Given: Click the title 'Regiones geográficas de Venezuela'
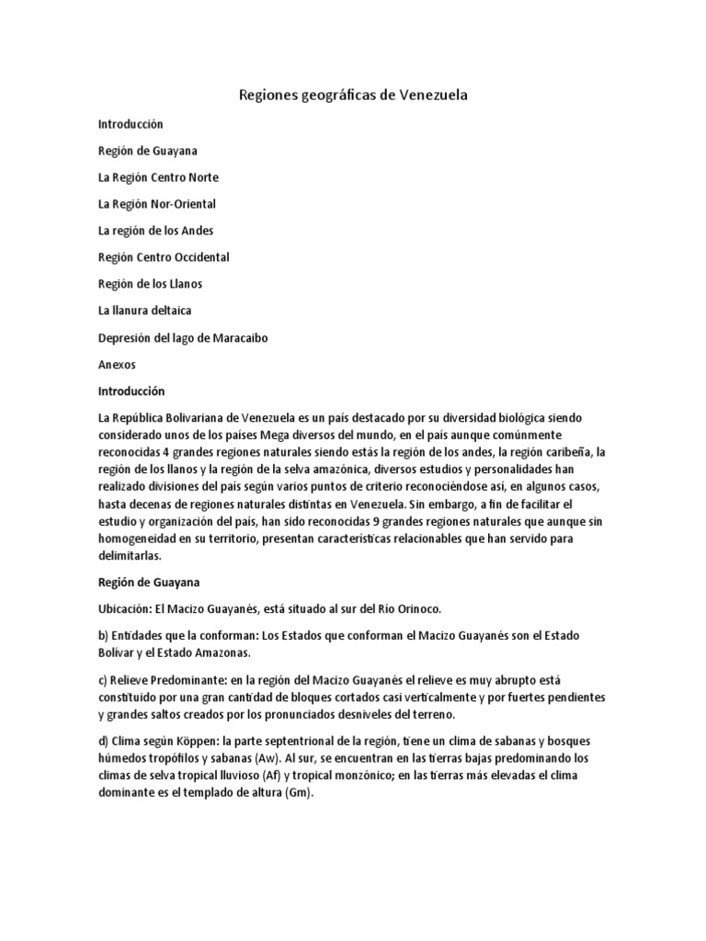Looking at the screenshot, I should pyautogui.click(x=353, y=95).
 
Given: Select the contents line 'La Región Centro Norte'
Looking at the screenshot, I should pyautogui.click(x=158, y=176).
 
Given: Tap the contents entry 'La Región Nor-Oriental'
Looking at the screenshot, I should pyautogui.click(x=157, y=203).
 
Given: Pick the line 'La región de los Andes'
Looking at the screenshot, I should pyautogui.click(x=155, y=230).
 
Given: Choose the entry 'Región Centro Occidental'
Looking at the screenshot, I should pyautogui.click(x=164, y=256).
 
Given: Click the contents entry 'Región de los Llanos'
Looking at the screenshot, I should pyautogui.click(x=150, y=283).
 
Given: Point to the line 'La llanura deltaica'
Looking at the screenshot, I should pyautogui.click(x=144, y=311).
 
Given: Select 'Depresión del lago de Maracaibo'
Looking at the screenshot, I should pyautogui.click(x=183, y=337).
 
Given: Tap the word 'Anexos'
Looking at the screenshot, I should pyautogui.click(x=117, y=364).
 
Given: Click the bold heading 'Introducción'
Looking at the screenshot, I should pyautogui.click(x=131, y=391).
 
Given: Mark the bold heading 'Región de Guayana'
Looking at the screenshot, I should pyautogui.click(x=148, y=582).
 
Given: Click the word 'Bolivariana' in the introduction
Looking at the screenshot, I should pyautogui.click(x=200, y=417).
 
